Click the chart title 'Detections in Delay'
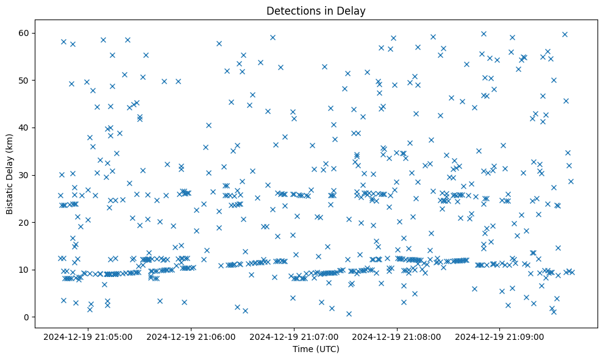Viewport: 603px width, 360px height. [x=316, y=10]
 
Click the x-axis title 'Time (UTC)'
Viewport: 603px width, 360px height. [x=316, y=349]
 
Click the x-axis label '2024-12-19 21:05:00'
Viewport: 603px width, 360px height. [x=88, y=336]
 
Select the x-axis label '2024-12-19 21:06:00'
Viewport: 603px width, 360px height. [x=191, y=336]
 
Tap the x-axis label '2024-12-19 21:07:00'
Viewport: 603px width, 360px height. [x=294, y=336]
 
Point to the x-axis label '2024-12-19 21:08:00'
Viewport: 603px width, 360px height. [x=397, y=336]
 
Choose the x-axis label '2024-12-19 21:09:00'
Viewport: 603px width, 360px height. [x=500, y=336]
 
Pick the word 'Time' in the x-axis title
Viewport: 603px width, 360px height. [x=303, y=349]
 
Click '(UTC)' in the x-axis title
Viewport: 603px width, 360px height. [x=327, y=349]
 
